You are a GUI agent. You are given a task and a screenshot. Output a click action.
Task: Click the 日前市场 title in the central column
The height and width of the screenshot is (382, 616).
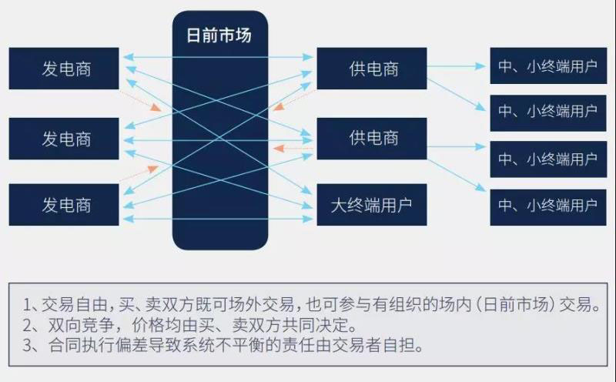pos(219,35)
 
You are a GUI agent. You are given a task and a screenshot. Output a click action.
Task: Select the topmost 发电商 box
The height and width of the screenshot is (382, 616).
pos(65,69)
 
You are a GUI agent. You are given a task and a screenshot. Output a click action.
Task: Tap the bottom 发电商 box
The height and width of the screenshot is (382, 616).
pos(65,205)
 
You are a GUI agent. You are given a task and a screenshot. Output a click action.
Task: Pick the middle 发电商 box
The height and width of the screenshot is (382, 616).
pos(65,139)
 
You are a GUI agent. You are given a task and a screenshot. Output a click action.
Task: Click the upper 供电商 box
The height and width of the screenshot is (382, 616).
pos(372,69)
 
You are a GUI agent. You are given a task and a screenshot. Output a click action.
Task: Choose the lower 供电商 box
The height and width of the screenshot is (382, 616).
pos(372,139)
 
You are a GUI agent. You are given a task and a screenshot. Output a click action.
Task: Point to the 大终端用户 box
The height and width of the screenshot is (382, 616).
pos(372,205)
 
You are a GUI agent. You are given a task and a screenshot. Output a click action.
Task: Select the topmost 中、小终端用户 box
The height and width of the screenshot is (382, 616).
pos(546,66)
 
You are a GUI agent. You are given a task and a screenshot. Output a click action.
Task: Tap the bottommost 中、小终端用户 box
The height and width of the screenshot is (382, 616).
pos(546,205)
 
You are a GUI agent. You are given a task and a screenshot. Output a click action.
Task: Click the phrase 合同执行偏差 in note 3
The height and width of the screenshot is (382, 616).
pos(85,346)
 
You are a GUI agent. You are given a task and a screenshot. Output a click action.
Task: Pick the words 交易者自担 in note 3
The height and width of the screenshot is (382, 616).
pos(380,346)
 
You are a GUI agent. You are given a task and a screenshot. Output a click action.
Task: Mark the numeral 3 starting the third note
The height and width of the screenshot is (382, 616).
pos(28,346)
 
